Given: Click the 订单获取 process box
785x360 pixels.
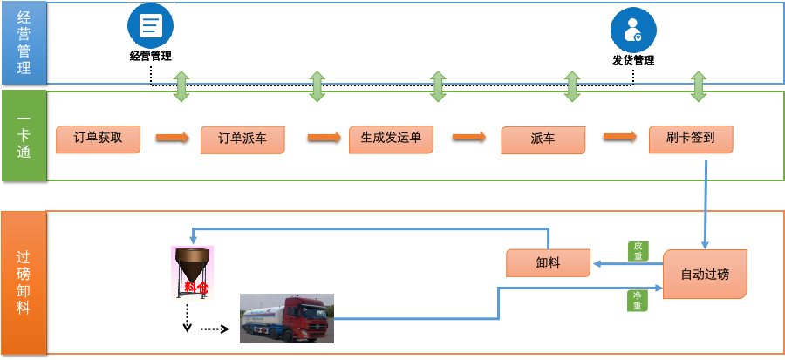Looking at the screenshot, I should pos(98,139).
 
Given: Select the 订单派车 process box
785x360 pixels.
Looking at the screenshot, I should pos(242,139).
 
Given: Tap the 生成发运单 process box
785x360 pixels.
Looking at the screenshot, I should pos(391,139).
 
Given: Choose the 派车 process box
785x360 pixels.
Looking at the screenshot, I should pos(543,139).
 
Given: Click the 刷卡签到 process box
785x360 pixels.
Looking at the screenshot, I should pos(690,139).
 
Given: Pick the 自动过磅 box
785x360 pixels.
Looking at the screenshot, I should pos(705,275).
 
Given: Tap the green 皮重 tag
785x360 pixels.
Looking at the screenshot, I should pos(638,250).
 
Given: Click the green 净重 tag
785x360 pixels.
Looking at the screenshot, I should pos(638,300).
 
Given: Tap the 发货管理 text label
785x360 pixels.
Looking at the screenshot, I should pos(632,60).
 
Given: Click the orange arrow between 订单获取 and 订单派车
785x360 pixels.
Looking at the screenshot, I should pos(172,138).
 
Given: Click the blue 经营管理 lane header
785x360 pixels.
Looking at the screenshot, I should pos(23,43).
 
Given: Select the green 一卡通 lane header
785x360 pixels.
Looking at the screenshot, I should pos(23,134).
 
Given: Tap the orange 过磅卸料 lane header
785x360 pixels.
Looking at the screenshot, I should pos(23,282).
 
